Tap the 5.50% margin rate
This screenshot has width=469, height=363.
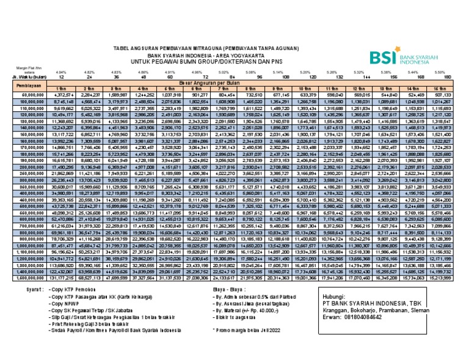[447, 72]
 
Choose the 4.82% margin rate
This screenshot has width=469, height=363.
[90, 72]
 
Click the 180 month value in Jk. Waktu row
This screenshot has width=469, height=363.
[447, 77]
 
